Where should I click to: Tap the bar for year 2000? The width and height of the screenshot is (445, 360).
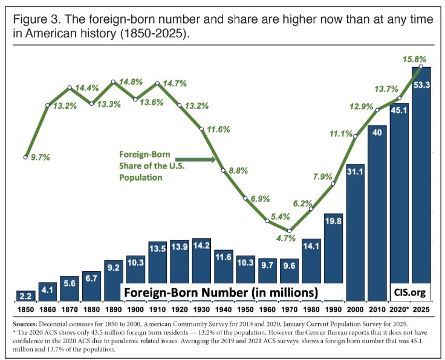[355, 233]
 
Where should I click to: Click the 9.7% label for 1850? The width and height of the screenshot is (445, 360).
[40, 157]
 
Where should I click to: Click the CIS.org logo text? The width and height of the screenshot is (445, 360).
[409, 292]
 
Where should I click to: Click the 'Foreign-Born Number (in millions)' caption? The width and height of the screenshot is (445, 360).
[221, 293]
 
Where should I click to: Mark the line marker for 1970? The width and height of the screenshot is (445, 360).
[290, 231]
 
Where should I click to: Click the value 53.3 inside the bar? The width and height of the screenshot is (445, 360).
[421, 85]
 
